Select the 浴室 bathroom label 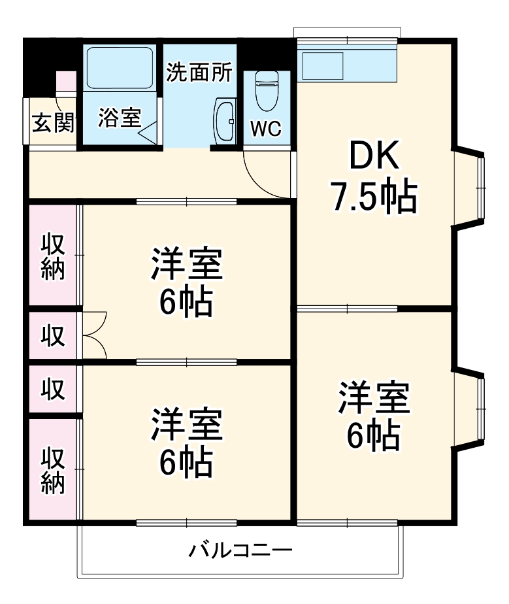click(x=120, y=118)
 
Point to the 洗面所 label click(x=199, y=73)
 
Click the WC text click(x=266, y=129)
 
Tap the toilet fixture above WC click(x=266, y=90)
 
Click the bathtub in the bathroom click(x=120, y=67)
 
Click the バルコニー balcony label click(x=240, y=550)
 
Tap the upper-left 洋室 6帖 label click(x=187, y=282)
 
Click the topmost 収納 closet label click(x=54, y=256)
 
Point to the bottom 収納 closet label click(x=54, y=469)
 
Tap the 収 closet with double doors click(x=54, y=335)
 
